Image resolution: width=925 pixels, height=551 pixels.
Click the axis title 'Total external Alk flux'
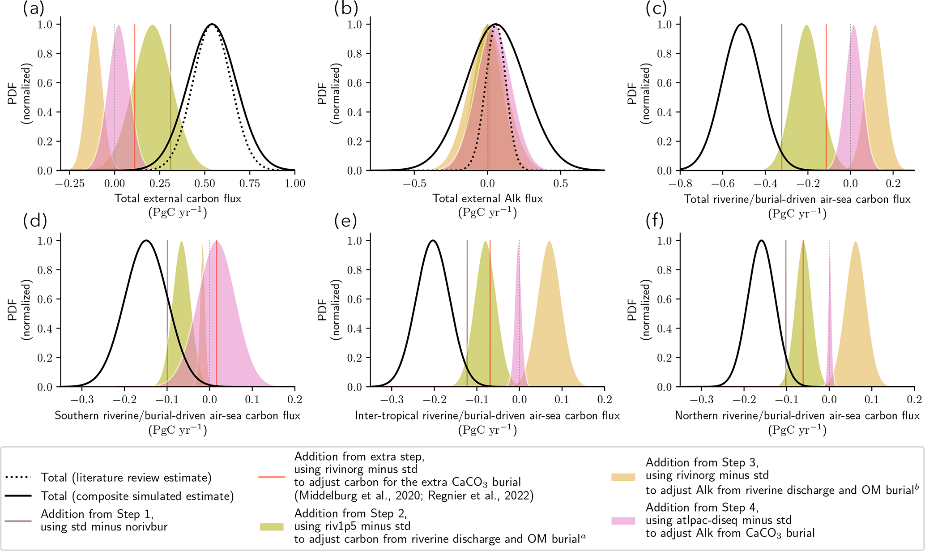(487, 198)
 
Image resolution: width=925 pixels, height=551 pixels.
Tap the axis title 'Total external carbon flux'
(178, 198)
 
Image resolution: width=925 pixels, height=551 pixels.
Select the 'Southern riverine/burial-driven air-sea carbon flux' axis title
(177, 415)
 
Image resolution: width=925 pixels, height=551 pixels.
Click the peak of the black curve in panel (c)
(742, 24)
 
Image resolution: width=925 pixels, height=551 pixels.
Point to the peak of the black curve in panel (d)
(146, 241)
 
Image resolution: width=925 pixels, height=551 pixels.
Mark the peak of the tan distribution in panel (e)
(549, 242)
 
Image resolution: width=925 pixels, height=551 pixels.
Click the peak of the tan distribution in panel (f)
(856, 242)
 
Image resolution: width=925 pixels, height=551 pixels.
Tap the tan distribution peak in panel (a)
(94, 26)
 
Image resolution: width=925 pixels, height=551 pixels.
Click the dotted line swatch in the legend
(18, 478)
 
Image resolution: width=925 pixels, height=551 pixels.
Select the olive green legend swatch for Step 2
(272, 526)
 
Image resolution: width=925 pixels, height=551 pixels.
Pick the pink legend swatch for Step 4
(623, 521)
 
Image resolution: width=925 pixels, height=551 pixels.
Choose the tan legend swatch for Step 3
(623, 477)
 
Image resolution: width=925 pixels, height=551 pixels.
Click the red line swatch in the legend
(272, 477)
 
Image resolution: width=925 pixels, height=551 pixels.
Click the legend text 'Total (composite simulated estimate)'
(137, 496)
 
